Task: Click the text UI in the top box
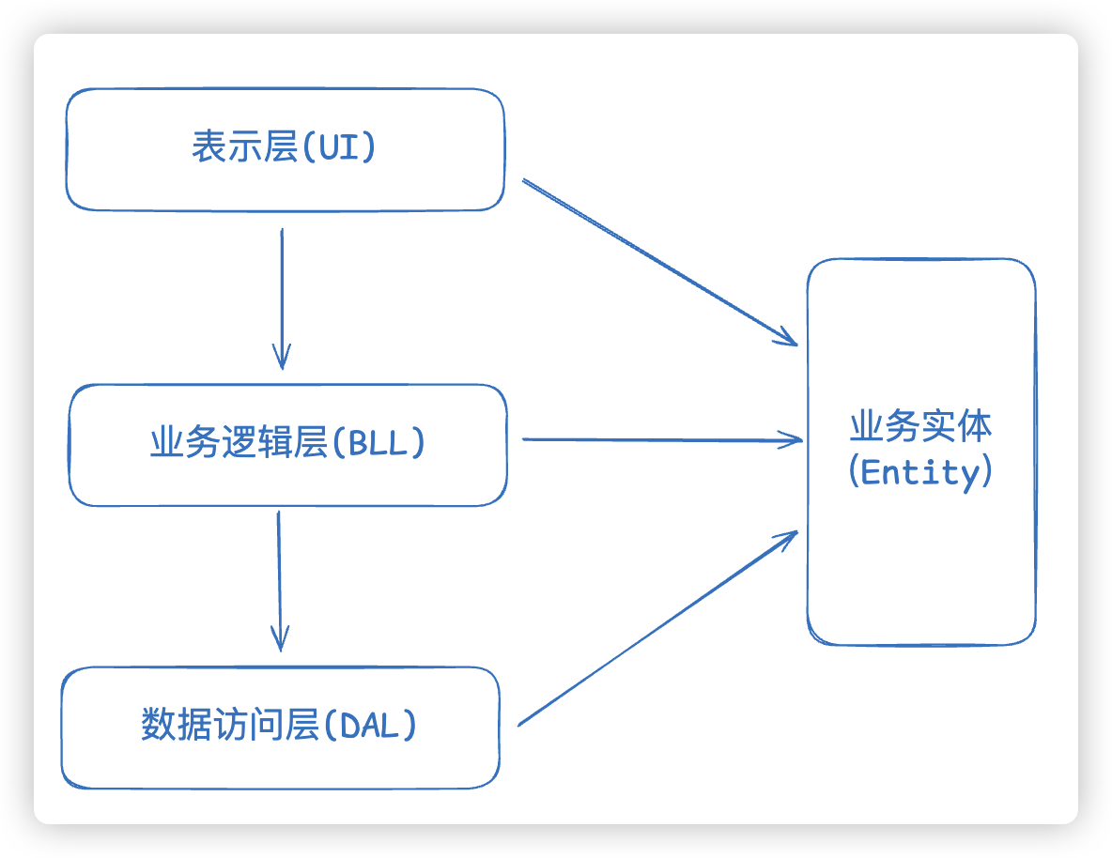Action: pos(339,148)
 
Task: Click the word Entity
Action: pos(920,472)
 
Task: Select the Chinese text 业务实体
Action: pos(920,426)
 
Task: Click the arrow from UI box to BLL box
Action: pos(282,291)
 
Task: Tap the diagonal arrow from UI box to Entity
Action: pos(657,261)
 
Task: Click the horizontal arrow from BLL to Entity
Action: pos(657,439)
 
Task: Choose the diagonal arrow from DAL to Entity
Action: pos(657,628)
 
